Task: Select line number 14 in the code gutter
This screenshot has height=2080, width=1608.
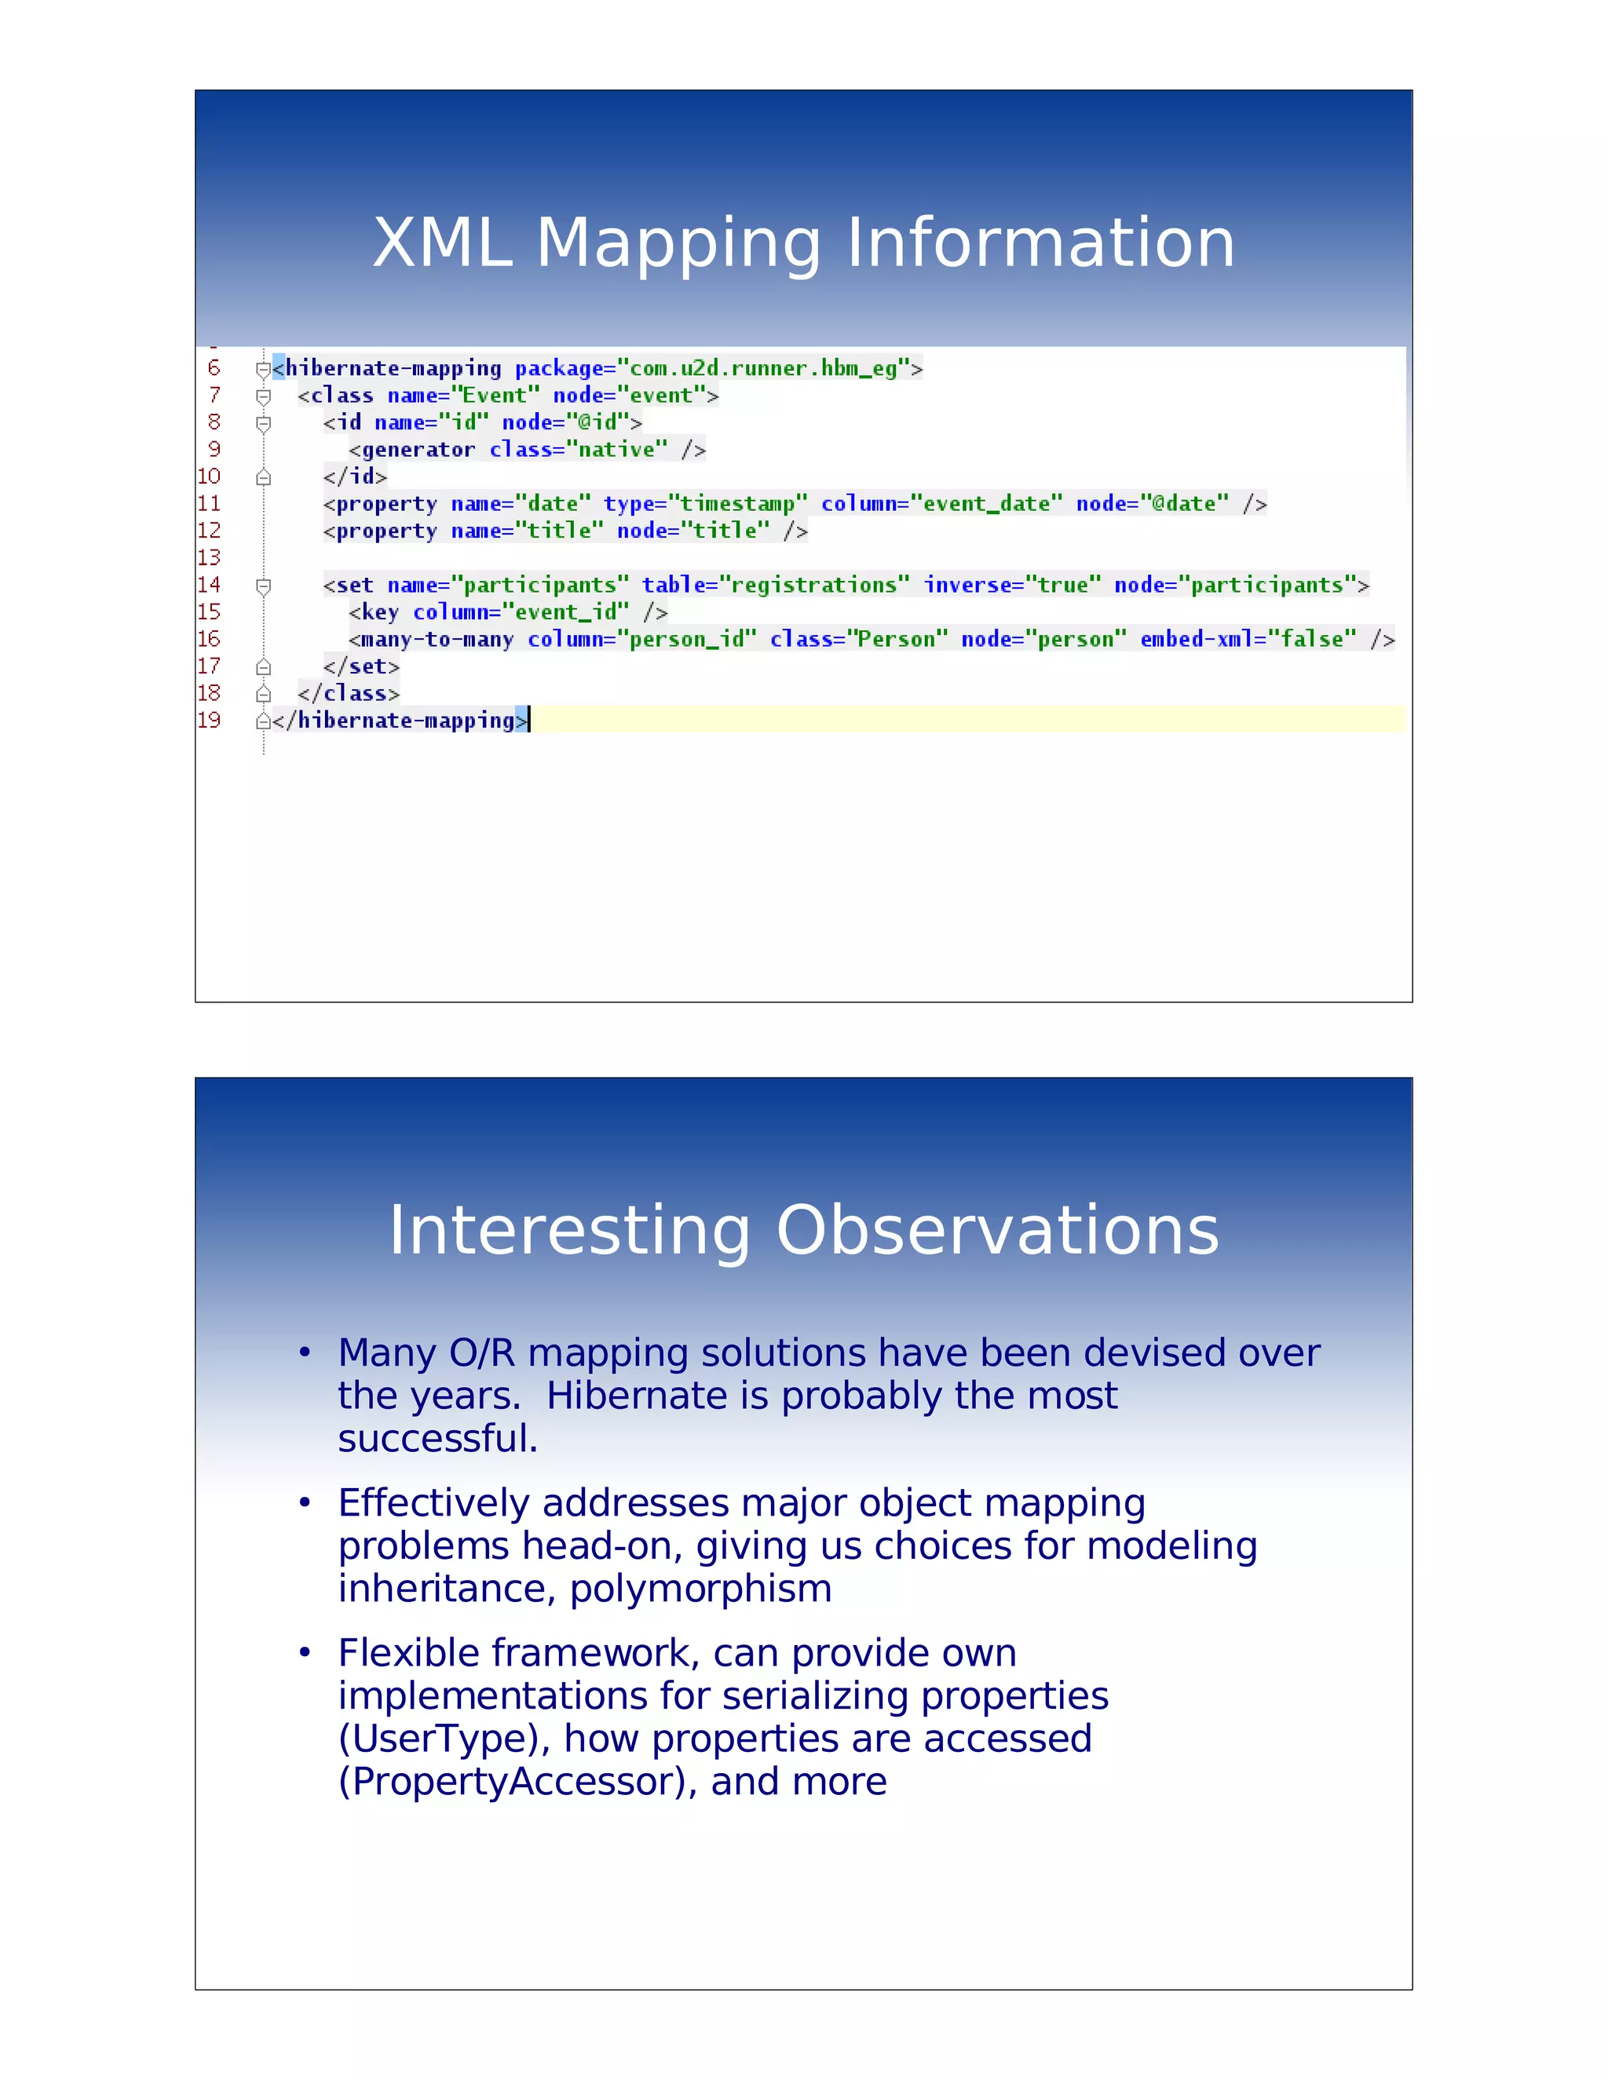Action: coord(209,585)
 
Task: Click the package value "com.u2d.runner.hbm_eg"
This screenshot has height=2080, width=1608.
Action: coord(763,369)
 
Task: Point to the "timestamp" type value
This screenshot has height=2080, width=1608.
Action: coord(737,504)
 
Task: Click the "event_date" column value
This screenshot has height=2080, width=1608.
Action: coord(986,504)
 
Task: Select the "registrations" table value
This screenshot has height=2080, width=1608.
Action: coord(813,585)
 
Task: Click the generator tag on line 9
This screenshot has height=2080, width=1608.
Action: coord(416,450)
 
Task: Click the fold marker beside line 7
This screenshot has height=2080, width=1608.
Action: coord(264,396)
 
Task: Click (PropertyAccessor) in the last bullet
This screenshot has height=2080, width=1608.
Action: coord(518,1781)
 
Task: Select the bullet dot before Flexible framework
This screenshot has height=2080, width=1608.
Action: coord(305,1652)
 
